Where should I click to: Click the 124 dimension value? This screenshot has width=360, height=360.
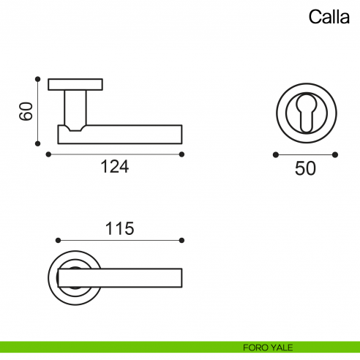tap(114, 167)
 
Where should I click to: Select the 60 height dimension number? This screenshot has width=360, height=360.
tap(26, 111)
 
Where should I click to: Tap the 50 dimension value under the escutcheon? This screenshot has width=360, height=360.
tap(305, 168)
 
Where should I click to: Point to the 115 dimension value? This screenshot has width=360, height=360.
tap(119, 228)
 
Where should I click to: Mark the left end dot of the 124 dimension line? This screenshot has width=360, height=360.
tap(48, 154)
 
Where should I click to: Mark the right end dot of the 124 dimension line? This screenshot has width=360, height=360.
tap(182, 154)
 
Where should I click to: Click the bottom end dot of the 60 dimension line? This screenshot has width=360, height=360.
tap(37, 144)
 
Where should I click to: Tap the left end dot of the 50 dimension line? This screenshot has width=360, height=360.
tap(275, 154)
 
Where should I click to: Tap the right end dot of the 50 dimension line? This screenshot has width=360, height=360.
tap(335, 154)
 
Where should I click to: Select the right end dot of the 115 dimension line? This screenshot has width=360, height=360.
tap(181, 240)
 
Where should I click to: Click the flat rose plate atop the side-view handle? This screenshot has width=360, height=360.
tap(76, 84)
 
